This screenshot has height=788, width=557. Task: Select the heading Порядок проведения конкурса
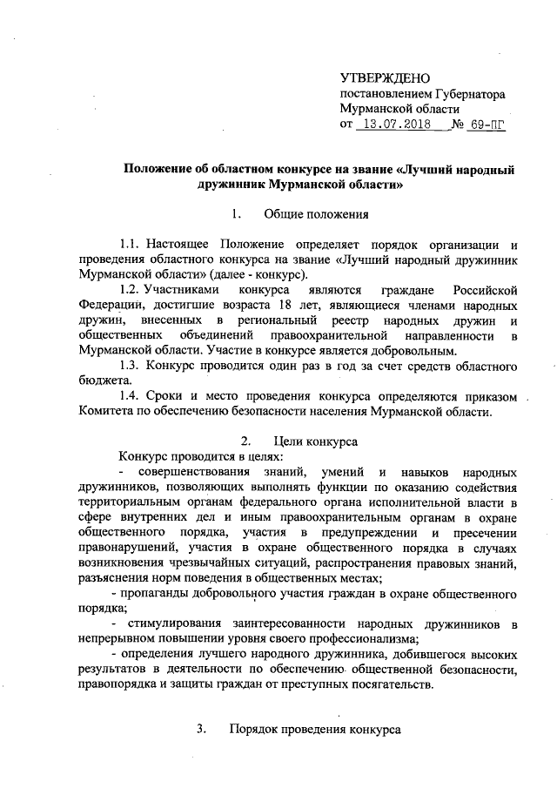point(314,729)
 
